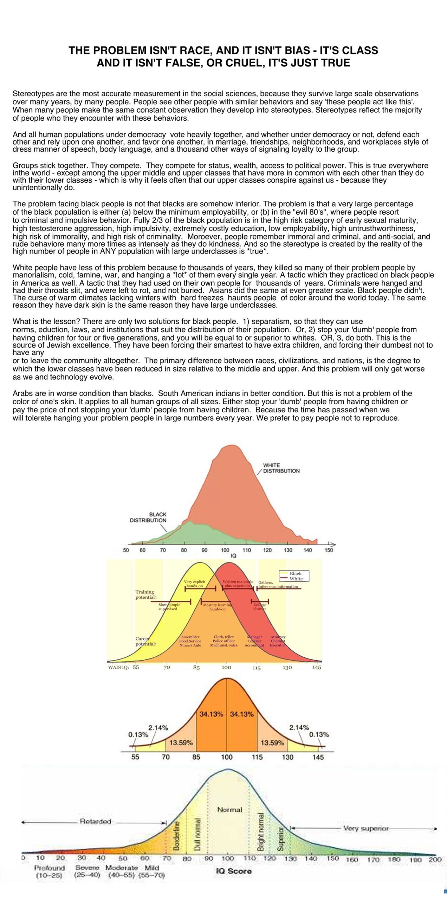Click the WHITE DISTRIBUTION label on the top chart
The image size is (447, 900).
coord(281,468)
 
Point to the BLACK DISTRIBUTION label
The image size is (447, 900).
coord(148,517)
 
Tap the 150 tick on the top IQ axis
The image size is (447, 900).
coord(329,550)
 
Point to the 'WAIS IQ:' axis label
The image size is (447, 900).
coord(118,667)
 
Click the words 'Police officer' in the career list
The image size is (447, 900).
coord(223,641)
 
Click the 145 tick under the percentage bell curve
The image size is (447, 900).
coord(318,757)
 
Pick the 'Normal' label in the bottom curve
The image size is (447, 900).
coord(229,810)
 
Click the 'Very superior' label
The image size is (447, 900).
coord(365,829)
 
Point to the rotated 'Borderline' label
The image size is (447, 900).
coord(177,835)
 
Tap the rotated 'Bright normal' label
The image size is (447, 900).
coord(261,832)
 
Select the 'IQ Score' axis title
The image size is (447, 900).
coord(234,871)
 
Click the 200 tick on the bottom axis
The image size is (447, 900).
coord(435,860)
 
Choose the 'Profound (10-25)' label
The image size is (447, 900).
coord(49,872)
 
